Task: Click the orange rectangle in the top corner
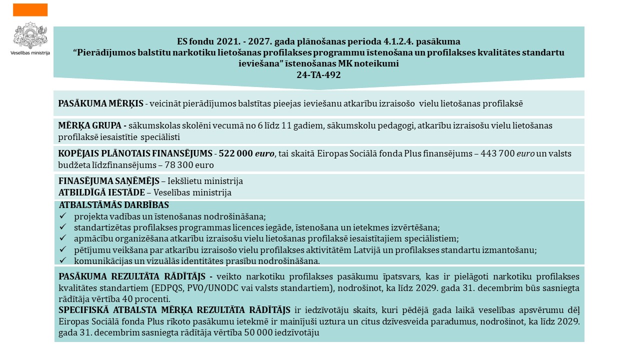click(x=30, y=9)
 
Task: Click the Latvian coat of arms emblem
click(x=30, y=35)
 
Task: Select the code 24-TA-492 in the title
click(x=318, y=74)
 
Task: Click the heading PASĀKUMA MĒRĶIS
click(x=100, y=103)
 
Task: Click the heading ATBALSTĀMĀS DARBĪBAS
click(x=114, y=205)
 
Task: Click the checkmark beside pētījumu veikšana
click(x=63, y=249)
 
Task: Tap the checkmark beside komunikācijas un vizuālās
click(x=63, y=260)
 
